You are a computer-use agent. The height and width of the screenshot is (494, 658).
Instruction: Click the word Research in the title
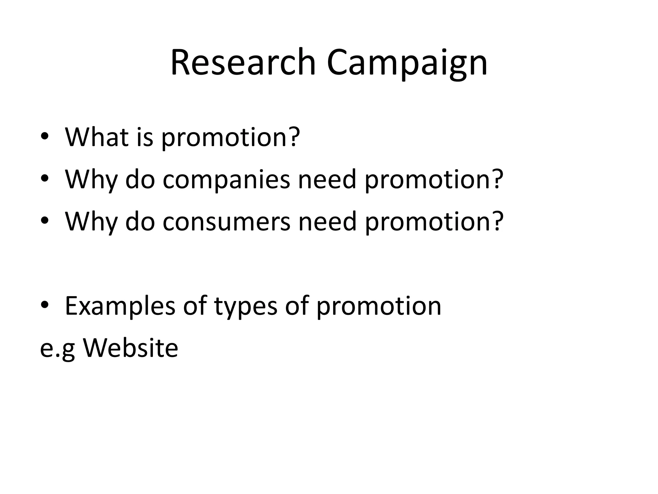[243, 62]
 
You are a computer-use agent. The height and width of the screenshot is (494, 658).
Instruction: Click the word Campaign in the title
[407, 62]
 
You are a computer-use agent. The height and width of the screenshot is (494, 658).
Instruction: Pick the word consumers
[227, 222]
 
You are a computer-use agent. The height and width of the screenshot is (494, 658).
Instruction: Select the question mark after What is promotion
[294, 136]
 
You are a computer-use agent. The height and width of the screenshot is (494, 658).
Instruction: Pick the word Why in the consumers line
[91, 222]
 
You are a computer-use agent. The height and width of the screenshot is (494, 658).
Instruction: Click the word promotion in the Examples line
[379, 306]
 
